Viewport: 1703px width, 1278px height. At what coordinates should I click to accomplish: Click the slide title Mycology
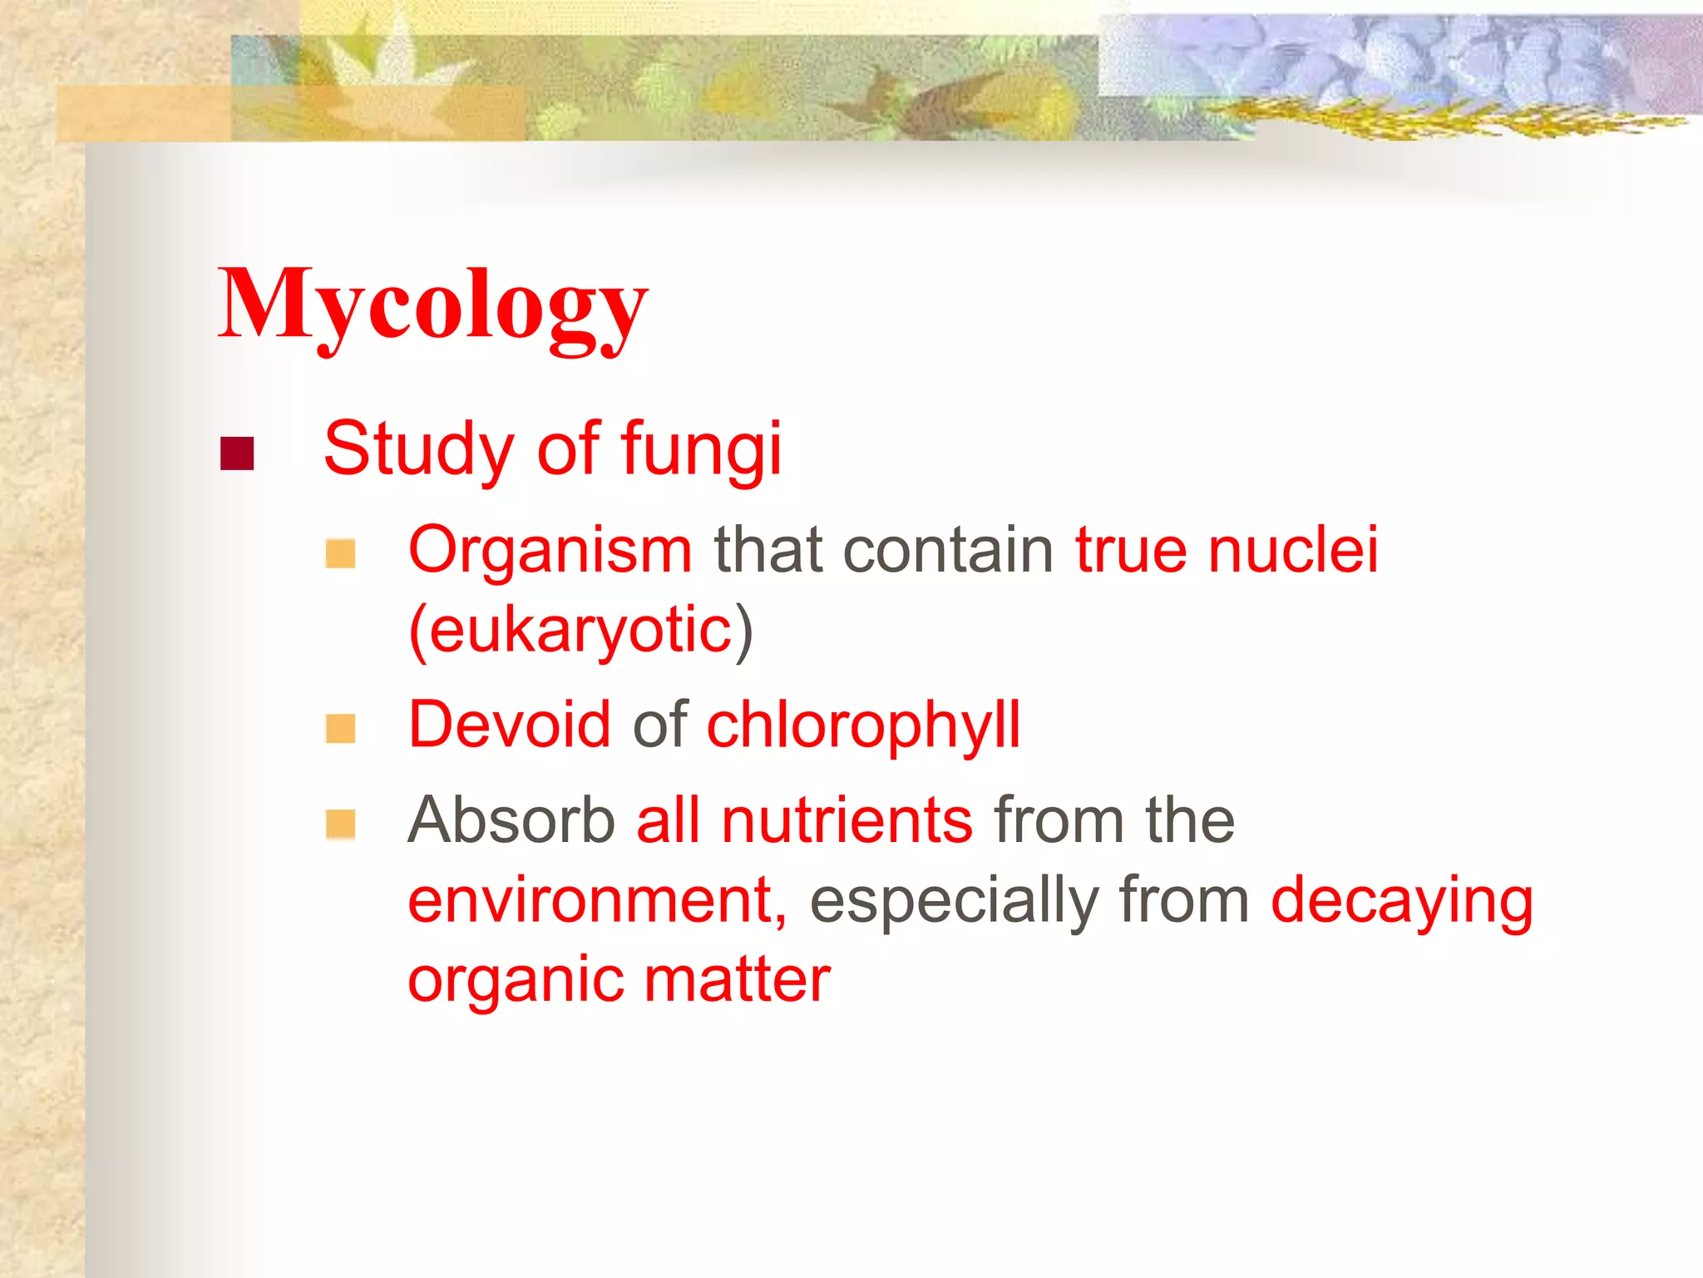[x=432, y=306]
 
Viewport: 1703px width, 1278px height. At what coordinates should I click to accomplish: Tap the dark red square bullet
[x=237, y=453]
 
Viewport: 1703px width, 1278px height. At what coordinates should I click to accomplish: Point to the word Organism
[x=550, y=551]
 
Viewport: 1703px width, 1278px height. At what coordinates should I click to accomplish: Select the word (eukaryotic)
[x=581, y=630]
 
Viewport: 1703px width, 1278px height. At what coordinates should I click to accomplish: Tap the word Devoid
[x=510, y=724]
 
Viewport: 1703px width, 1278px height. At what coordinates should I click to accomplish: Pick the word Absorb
[x=511, y=820]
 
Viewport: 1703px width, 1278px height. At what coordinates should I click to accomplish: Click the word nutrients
[x=847, y=820]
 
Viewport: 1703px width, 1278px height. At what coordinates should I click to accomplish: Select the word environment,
[x=597, y=900]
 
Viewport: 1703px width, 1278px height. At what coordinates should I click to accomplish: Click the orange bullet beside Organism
[x=341, y=553]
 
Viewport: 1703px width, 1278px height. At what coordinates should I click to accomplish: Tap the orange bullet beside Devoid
[x=341, y=729]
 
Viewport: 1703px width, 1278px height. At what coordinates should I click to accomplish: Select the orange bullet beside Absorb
[x=341, y=825]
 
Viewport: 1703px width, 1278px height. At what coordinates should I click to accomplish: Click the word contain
[x=948, y=551]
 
